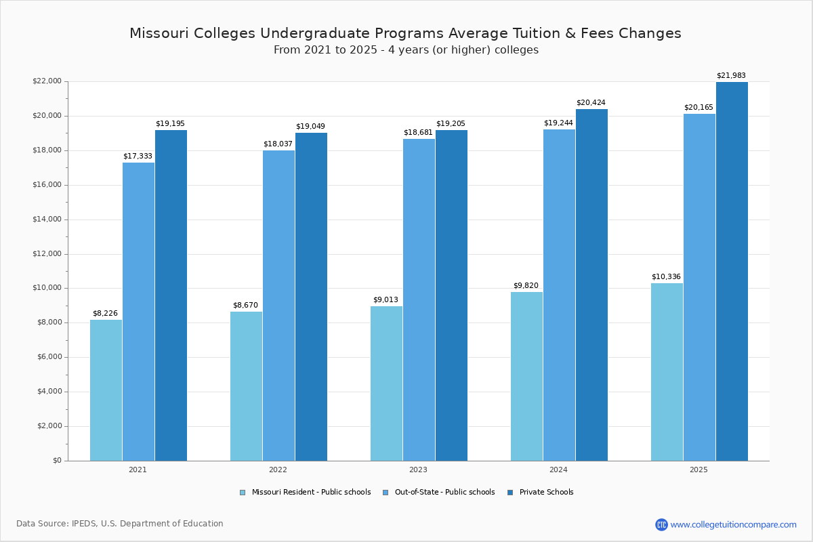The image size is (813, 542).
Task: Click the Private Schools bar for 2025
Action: pyautogui.click(x=732, y=271)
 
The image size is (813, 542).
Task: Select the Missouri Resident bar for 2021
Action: pyautogui.click(x=106, y=390)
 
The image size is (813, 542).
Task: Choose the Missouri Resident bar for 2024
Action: pyautogui.click(x=526, y=376)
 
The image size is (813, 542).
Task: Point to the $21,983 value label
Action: pyautogui.click(x=731, y=76)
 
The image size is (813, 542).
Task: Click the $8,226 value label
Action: pyautogui.click(x=105, y=314)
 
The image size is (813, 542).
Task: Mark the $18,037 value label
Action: pyautogui.click(x=278, y=144)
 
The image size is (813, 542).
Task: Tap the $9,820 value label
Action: pyautogui.click(x=526, y=286)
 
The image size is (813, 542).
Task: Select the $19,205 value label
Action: pyautogui.click(x=451, y=124)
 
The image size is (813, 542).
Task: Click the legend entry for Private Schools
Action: pyautogui.click(x=546, y=493)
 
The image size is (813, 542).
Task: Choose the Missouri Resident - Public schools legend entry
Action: pyautogui.click(x=311, y=493)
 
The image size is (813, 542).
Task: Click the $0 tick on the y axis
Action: pyautogui.click(x=56, y=461)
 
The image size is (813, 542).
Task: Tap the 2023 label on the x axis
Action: pyautogui.click(x=418, y=470)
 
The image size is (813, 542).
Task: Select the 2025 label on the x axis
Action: pyautogui.click(x=699, y=470)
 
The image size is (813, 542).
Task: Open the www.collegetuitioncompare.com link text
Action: pyautogui.click(x=733, y=524)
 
